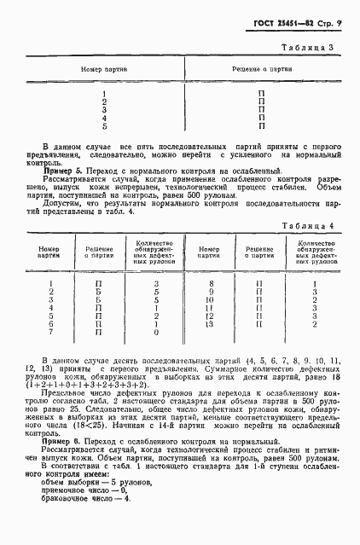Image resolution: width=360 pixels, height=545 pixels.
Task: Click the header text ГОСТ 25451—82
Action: (287, 21)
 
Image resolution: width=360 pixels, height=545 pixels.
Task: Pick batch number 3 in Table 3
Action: (104, 109)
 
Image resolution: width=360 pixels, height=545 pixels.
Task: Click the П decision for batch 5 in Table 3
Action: (262, 126)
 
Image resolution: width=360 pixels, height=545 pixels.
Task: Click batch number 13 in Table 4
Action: (209, 324)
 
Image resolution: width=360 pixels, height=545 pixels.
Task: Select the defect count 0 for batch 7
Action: (155, 333)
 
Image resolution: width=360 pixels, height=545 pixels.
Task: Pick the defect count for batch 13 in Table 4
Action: (315, 324)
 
